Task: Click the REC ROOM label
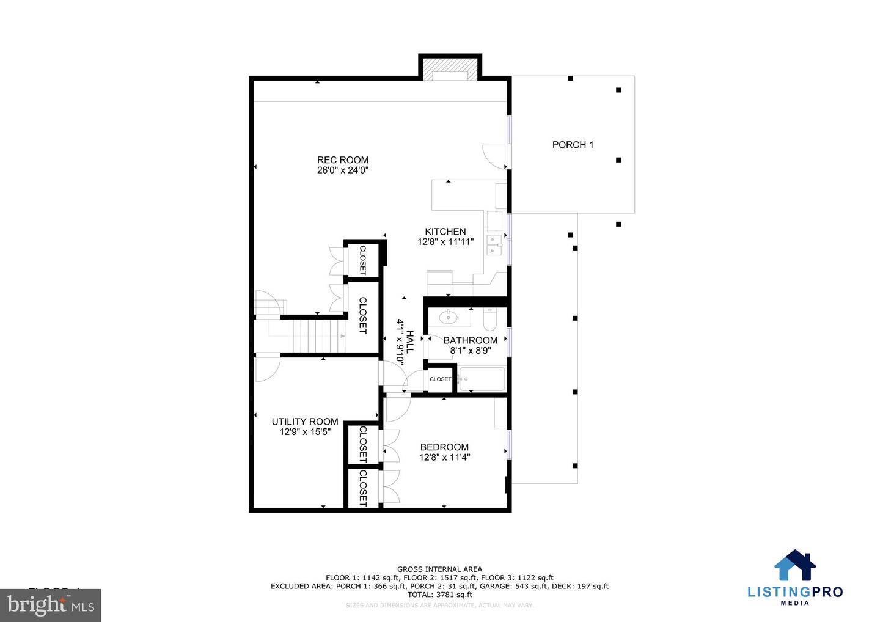coord(342,160)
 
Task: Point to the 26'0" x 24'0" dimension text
coord(342,170)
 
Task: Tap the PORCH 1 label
coord(573,145)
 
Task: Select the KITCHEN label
coord(446,232)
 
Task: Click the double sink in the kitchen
coord(494,244)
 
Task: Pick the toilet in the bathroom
coord(490,318)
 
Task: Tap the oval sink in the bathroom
coord(449,317)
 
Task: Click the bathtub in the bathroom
coord(482,379)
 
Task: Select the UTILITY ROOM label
coord(305,422)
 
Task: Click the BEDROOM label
coord(444,447)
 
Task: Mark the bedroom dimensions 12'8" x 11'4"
coord(444,457)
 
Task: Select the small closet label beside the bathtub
coord(440,379)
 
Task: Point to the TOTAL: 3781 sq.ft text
coord(439,595)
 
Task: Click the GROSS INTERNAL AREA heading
coord(439,569)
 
